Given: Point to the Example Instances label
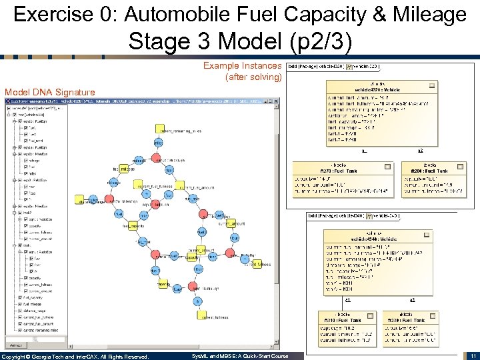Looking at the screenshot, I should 242,66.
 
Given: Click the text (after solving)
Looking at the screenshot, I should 254,77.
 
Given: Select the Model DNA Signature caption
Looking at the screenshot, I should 49,92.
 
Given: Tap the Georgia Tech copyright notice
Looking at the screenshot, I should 75,357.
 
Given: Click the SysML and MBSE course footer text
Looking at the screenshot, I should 240,357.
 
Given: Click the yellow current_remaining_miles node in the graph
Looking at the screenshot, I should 160,129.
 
